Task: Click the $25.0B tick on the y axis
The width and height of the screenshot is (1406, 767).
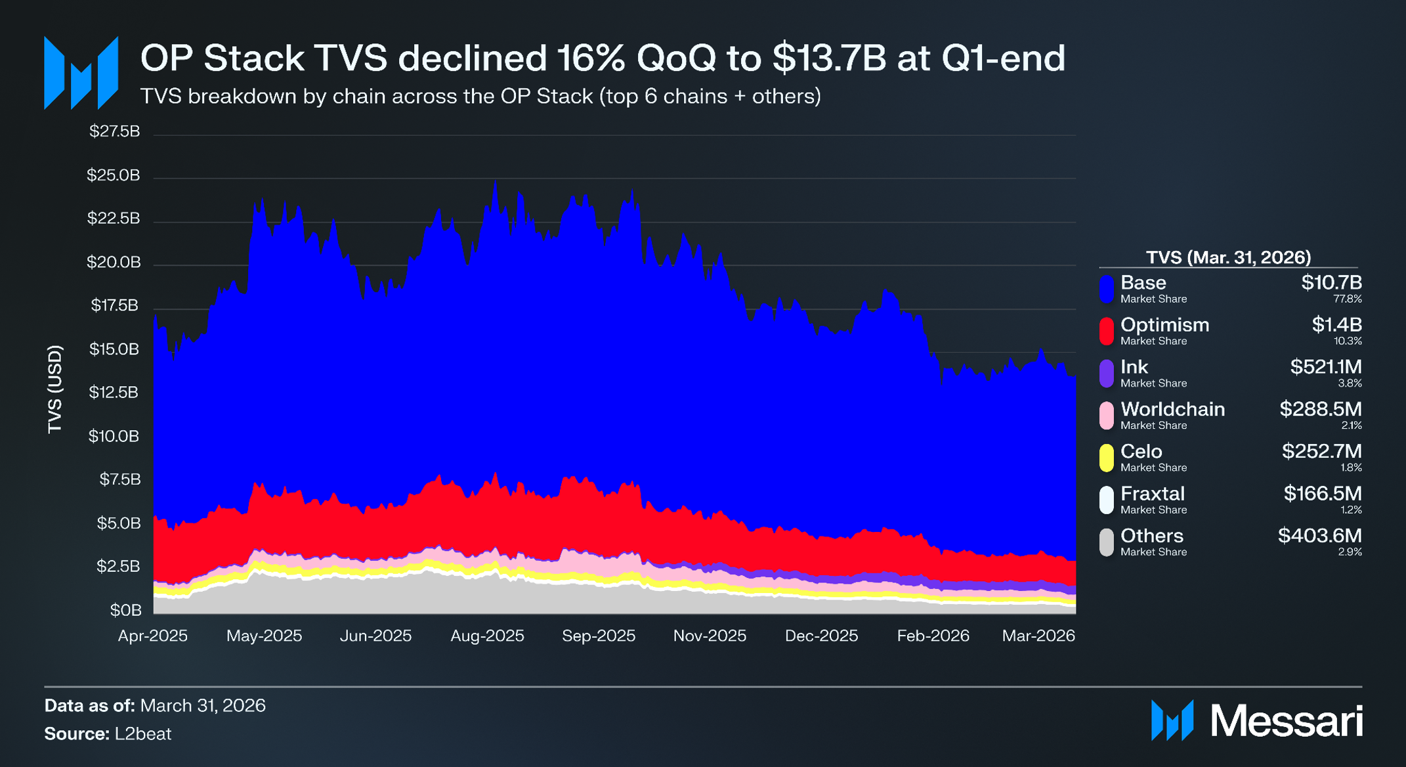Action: [x=113, y=175]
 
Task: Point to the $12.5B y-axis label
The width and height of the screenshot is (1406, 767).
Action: [x=114, y=393]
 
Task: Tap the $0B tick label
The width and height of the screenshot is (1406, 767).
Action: [x=125, y=610]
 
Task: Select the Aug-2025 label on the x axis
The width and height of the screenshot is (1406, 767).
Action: [x=487, y=636]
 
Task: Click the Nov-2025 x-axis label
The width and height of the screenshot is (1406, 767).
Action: [x=710, y=636]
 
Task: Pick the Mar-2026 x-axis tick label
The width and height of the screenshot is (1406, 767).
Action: [x=1038, y=636]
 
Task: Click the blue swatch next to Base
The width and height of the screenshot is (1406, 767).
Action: [x=1107, y=290]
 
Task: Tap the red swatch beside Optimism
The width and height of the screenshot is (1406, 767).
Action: [x=1107, y=332]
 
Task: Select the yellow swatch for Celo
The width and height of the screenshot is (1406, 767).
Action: [x=1107, y=458]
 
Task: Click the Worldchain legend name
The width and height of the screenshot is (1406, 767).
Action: [x=1172, y=409]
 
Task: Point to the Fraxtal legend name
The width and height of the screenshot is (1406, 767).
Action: [x=1153, y=493]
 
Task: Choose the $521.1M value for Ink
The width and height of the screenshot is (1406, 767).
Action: [x=1326, y=366]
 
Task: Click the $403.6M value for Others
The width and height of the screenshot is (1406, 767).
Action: [x=1320, y=535]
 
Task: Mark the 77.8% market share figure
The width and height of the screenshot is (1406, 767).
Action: [x=1348, y=299]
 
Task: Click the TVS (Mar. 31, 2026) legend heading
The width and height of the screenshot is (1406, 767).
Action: [x=1228, y=257]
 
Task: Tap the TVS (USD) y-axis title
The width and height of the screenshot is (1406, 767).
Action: [x=54, y=389]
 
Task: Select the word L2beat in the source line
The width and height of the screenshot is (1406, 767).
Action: [x=143, y=734]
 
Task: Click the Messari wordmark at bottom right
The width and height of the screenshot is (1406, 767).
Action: [x=1287, y=721]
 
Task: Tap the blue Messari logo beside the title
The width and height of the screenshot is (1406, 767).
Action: [x=81, y=73]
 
